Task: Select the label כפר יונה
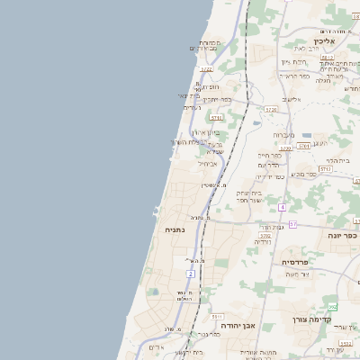coord(341,233)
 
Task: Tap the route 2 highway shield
coord(190,274)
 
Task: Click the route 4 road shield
coord(282,207)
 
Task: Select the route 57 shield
coord(292,223)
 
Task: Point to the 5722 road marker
coord(207,69)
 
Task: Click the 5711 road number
coord(216,117)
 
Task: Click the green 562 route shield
coord(333,307)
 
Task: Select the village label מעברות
coord(284,134)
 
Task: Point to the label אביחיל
coord(207,164)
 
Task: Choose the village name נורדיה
coord(263,241)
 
